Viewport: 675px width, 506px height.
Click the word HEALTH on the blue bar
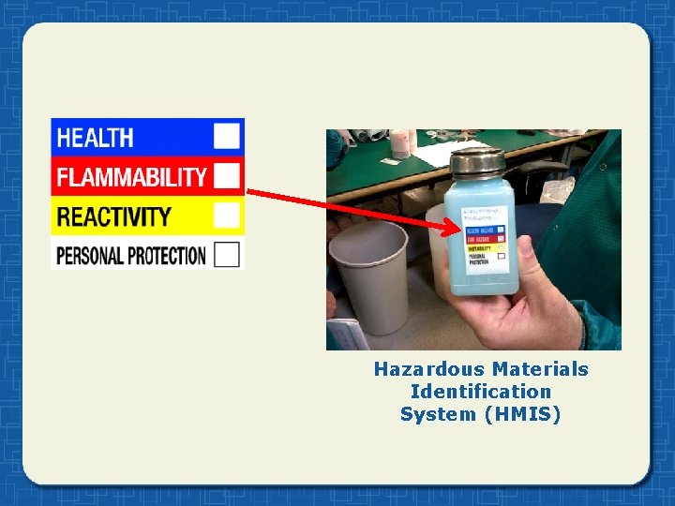tap(95, 138)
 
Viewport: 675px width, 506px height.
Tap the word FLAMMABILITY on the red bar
tap(130, 176)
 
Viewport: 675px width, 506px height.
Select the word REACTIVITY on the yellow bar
tap(113, 216)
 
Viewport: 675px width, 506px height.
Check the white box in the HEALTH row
tap(227, 136)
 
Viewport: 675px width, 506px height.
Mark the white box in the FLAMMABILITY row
tap(227, 175)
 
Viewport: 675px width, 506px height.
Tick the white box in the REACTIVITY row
tap(227, 215)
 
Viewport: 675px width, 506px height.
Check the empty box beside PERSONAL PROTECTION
tap(227, 254)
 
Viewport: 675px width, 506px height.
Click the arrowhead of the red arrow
tap(457, 228)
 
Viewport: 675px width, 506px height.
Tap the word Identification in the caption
tap(481, 392)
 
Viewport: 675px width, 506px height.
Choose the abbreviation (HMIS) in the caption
tap(522, 414)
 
